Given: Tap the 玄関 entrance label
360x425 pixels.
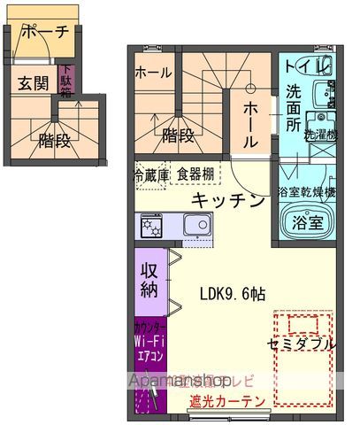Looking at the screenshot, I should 33,83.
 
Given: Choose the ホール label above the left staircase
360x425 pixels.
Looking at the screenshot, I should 153,74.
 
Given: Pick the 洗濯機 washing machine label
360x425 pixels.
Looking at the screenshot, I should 320,135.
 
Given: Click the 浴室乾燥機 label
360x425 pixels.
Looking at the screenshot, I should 307,191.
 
